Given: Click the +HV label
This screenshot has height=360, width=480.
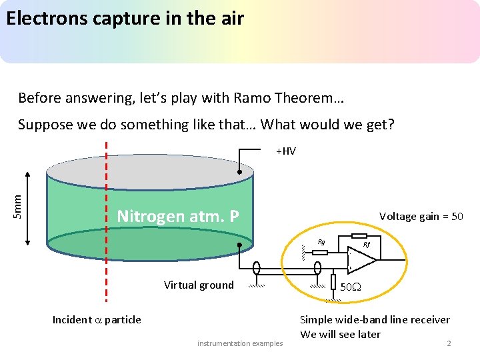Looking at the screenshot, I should (286, 151).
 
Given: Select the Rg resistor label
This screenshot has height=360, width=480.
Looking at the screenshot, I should (321, 242).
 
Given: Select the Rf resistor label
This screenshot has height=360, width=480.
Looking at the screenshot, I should (367, 245).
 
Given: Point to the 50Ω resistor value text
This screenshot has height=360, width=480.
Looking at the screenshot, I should (351, 288).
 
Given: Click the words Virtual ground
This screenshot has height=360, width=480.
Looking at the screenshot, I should (199, 285).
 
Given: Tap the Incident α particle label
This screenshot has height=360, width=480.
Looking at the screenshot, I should (97, 320).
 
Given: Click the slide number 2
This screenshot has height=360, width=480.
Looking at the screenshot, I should (449, 343).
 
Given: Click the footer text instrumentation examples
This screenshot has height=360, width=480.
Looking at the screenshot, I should (240, 343).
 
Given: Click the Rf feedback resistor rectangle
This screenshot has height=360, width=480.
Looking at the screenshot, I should (359, 236).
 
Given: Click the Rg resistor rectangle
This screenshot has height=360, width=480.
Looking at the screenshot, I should (320, 253).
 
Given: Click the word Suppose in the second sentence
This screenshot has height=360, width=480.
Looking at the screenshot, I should (45, 125).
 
